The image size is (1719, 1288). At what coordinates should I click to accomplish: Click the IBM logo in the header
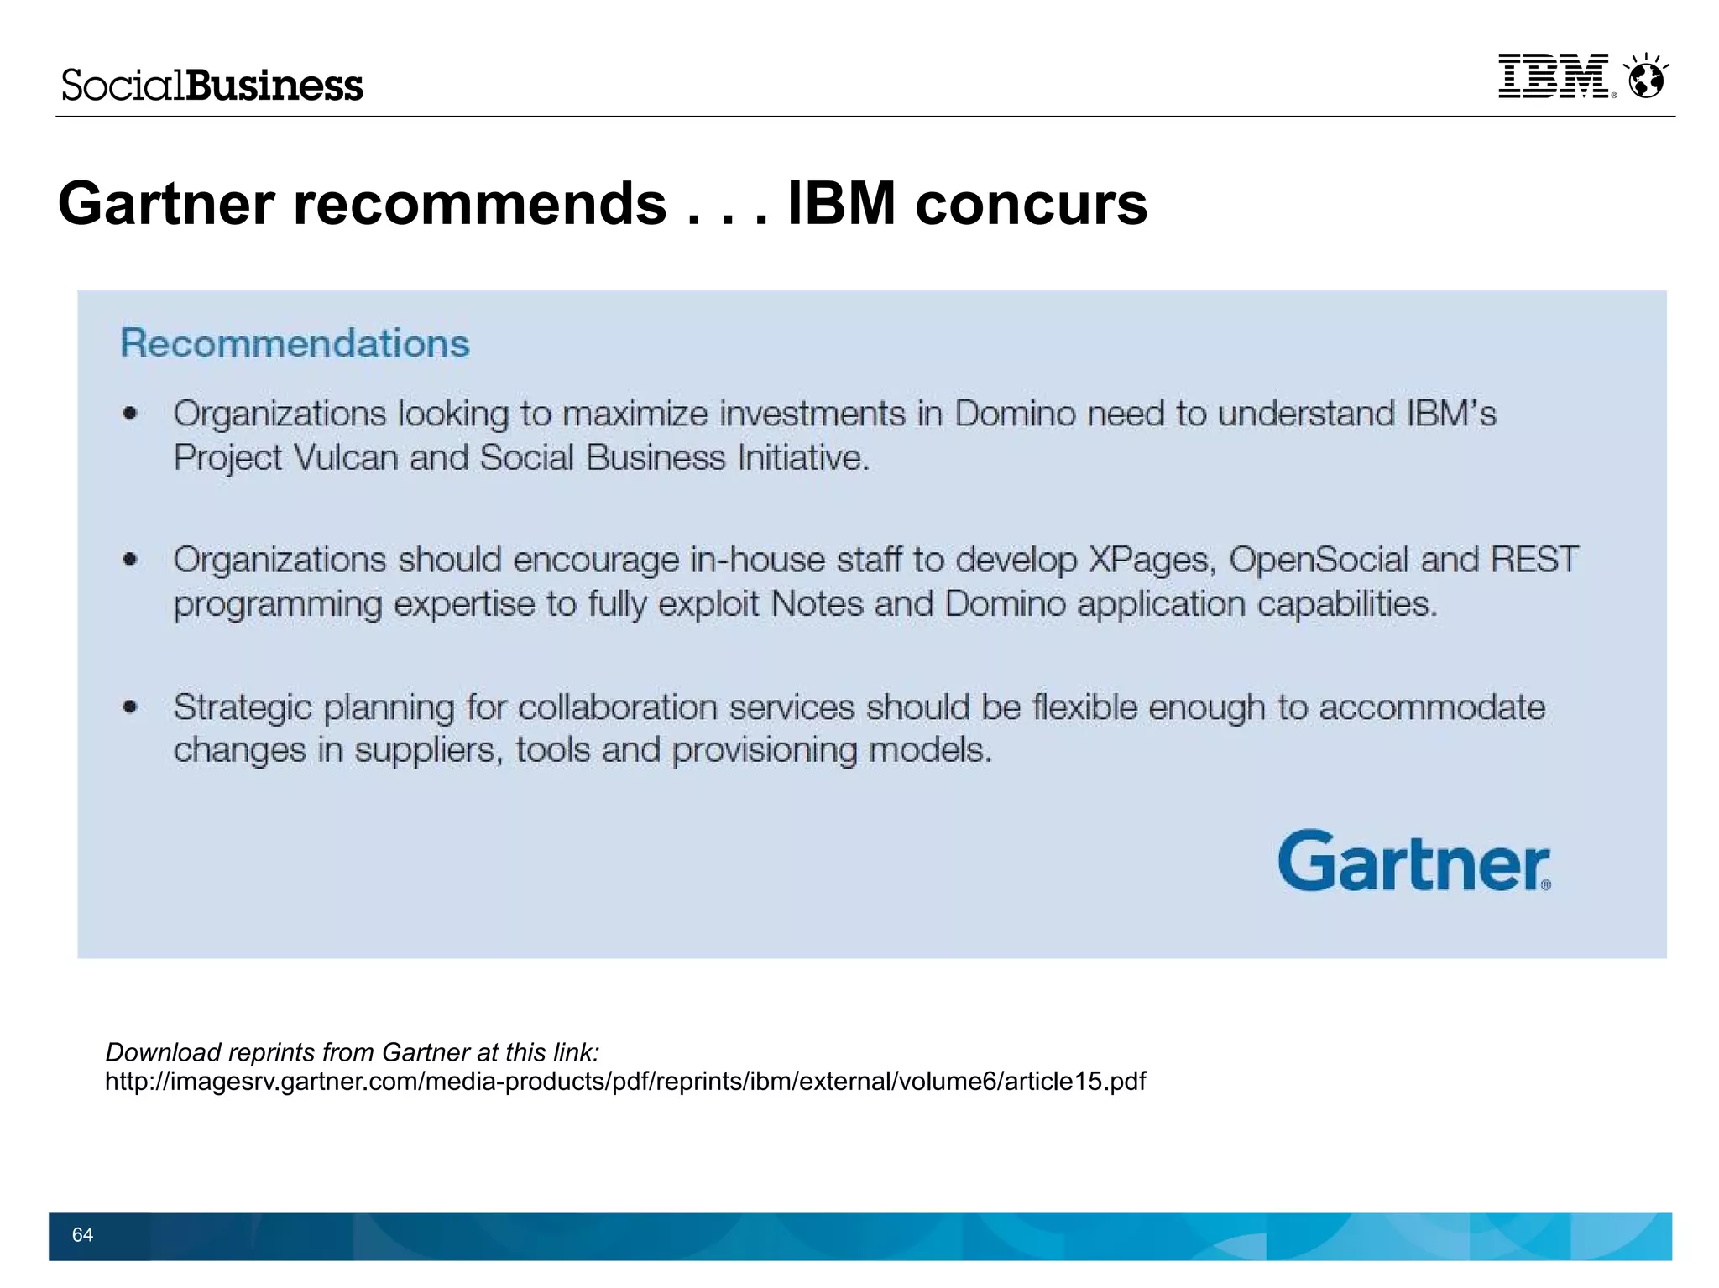1554,77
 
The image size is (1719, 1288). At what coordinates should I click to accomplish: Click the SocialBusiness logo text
212,86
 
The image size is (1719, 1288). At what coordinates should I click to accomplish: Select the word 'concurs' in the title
1031,204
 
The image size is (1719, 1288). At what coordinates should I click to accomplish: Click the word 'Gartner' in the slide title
166,204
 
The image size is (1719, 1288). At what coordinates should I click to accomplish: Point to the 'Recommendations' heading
295,343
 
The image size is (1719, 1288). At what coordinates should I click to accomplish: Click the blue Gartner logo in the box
1413,861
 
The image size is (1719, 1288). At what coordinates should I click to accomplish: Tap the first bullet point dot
130,413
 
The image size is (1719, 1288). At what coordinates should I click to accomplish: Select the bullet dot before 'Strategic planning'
130,707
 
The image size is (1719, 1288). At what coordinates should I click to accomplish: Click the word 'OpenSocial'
1319,560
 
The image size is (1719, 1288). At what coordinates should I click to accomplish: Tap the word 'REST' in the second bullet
1534,560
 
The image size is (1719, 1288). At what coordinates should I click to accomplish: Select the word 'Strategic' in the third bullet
243,707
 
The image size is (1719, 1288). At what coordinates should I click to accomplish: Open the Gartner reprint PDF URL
625,1082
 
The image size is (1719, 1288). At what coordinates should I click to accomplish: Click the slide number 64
82,1234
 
